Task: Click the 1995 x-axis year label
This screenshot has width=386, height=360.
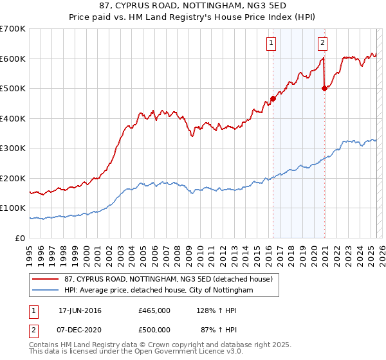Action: pos(30,251)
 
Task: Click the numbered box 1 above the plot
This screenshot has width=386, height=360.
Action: pos(271,44)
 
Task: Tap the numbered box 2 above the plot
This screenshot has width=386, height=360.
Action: pos(322,44)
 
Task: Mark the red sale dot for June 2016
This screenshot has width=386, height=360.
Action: pos(273,99)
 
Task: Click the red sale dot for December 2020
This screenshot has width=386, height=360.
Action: pos(324,89)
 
